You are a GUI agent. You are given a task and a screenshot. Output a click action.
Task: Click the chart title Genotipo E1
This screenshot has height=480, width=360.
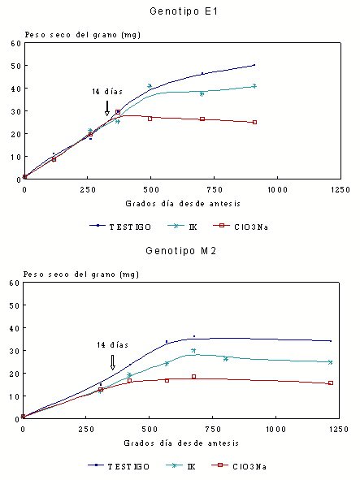tap(184, 11)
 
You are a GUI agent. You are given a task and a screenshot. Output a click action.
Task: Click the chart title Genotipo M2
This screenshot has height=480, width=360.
tap(181, 251)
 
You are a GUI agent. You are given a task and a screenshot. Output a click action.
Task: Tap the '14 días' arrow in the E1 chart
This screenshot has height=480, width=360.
tap(107, 108)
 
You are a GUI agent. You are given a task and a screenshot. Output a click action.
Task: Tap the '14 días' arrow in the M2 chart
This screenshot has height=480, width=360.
tap(112, 362)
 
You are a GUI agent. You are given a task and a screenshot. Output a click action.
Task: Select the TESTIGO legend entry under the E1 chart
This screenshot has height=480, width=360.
tap(120, 227)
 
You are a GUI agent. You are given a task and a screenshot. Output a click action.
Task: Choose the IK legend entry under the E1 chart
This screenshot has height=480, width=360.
tap(183, 227)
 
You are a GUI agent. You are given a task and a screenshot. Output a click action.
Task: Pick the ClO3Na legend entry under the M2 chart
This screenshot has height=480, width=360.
tap(239, 466)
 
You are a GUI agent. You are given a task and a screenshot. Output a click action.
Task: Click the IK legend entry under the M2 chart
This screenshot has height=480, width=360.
tap(180, 466)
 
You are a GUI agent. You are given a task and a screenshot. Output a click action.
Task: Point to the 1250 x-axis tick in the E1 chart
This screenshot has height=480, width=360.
tap(340, 190)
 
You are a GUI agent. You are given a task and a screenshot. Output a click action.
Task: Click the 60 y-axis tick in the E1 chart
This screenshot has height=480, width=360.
tap(16, 44)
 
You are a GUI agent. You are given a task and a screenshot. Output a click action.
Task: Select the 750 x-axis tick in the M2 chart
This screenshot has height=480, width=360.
tap(212, 429)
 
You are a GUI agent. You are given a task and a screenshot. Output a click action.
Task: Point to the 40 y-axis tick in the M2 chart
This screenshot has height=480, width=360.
tap(15, 328)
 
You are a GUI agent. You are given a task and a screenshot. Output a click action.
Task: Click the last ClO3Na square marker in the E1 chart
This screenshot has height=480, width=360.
tap(254, 122)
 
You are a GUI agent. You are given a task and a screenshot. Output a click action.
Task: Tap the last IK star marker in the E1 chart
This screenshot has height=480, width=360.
tap(254, 86)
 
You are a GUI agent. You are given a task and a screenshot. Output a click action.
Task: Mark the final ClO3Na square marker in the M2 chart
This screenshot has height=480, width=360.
tap(331, 383)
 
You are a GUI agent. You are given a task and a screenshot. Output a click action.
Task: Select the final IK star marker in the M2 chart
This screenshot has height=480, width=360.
tap(330, 362)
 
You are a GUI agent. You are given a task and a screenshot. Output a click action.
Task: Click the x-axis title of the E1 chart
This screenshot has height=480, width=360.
tap(183, 204)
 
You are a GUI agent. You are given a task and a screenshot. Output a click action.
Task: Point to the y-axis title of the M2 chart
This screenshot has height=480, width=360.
tap(81, 275)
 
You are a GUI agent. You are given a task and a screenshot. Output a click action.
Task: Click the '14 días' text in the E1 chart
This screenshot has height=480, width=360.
tap(107, 91)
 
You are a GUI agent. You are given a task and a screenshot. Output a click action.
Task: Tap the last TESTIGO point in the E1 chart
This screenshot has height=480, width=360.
tap(254, 65)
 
